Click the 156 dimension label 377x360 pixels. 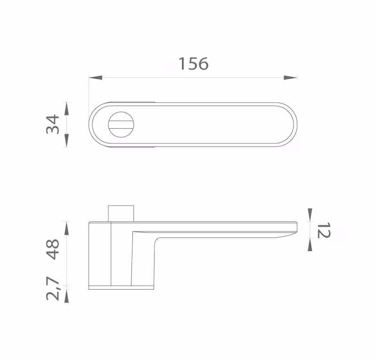(193, 64)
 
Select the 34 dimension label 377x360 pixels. (53, 124)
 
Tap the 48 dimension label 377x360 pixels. (53, 249)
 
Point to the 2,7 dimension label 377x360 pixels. (53, 288)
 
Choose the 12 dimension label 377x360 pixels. (324, 230)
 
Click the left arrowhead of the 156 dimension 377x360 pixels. (96, 77)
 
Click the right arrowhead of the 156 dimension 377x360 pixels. (290, 77)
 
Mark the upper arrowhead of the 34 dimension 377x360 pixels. (67, 108)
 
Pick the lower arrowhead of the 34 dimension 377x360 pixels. (67, 140)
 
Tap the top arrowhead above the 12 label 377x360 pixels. (310, 215)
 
